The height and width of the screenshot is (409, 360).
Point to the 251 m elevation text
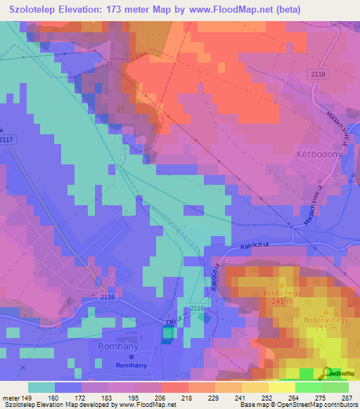(326, 329)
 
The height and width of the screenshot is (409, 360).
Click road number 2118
(318, 74)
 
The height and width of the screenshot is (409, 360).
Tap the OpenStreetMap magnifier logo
(326, 372)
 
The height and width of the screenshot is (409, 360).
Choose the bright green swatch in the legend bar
(308, 387)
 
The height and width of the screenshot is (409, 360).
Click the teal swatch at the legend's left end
(41, 387)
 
